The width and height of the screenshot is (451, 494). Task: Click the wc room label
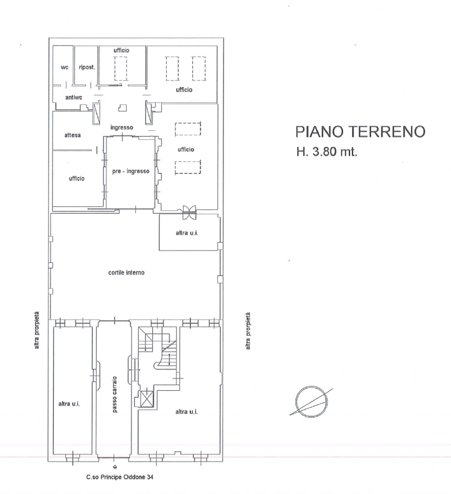[64, 67]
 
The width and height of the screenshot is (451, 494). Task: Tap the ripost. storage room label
[87, 67]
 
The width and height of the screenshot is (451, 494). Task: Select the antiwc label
[74, 97]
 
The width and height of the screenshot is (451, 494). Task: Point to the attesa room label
[73, 135]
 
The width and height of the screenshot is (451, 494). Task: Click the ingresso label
[122, 127]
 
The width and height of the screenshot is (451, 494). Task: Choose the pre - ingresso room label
[131, 171]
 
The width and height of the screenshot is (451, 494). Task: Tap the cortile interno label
[126, 273]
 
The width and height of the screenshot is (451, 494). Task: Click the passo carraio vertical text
[114, 394]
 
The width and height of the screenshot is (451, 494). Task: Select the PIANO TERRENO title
[360, 131]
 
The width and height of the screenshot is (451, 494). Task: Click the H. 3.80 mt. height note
[327, 152]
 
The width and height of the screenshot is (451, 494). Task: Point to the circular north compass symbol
[312, 402]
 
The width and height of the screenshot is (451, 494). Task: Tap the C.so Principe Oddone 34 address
[120, 477]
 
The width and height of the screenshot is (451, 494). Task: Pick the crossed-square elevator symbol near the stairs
[146, 399]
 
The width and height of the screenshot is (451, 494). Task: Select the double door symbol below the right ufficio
[189, 212]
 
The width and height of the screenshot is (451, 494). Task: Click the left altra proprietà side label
[37, 330]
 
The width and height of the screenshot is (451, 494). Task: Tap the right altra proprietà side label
[248, 331]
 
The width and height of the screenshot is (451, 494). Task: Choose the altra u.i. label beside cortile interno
[187, 233]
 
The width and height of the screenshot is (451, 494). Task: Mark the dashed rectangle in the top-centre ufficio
[121, 69]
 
